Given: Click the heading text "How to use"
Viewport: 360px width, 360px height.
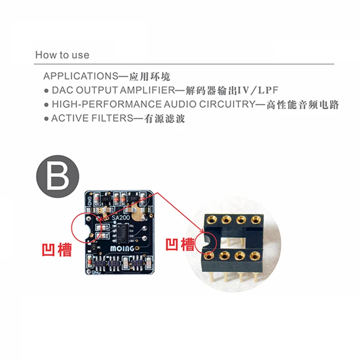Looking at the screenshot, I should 62,55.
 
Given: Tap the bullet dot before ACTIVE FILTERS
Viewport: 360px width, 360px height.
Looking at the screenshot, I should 46,119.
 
